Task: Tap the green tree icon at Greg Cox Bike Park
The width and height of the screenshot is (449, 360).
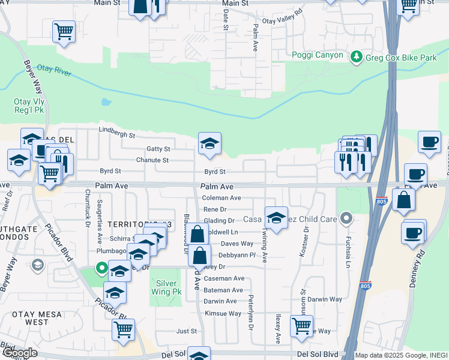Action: (357, 56)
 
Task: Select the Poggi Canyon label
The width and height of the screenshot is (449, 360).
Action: (318, 55)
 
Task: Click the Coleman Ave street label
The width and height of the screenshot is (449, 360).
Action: (221, 198)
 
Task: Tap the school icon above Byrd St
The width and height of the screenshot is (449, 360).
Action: (209, 144)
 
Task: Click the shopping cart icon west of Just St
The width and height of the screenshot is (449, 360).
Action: (123, 329)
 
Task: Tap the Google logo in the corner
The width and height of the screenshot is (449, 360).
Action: (19, 353)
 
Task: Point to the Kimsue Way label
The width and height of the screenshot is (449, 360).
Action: (223, 313)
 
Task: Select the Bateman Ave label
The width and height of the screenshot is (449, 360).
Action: (223, 290)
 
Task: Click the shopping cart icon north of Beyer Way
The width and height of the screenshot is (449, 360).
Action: (64, 31)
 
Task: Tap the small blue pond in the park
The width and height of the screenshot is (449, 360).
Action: (106, 101)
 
